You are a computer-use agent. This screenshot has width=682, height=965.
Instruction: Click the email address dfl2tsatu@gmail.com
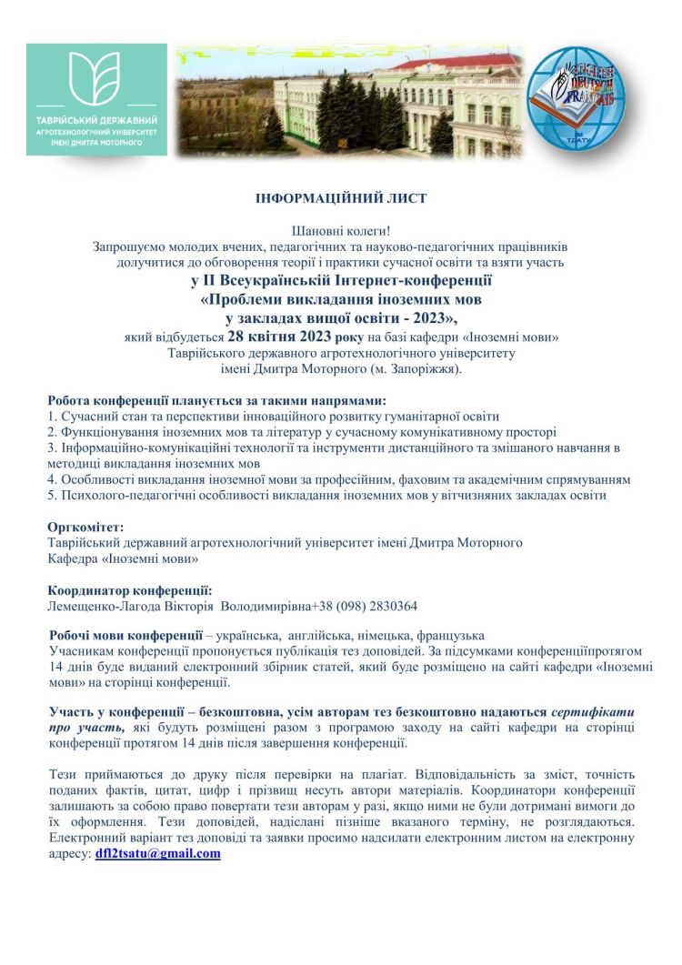158,854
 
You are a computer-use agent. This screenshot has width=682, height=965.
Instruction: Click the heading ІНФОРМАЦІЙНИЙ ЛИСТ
341,197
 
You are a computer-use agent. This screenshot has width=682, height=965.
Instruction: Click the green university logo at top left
96,98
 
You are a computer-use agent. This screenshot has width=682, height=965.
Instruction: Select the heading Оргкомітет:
85,527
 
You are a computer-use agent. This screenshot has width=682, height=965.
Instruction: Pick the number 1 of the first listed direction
51,417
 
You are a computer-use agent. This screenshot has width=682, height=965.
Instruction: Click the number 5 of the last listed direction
51,495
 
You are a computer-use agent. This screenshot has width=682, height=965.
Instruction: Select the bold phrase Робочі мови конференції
125,635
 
